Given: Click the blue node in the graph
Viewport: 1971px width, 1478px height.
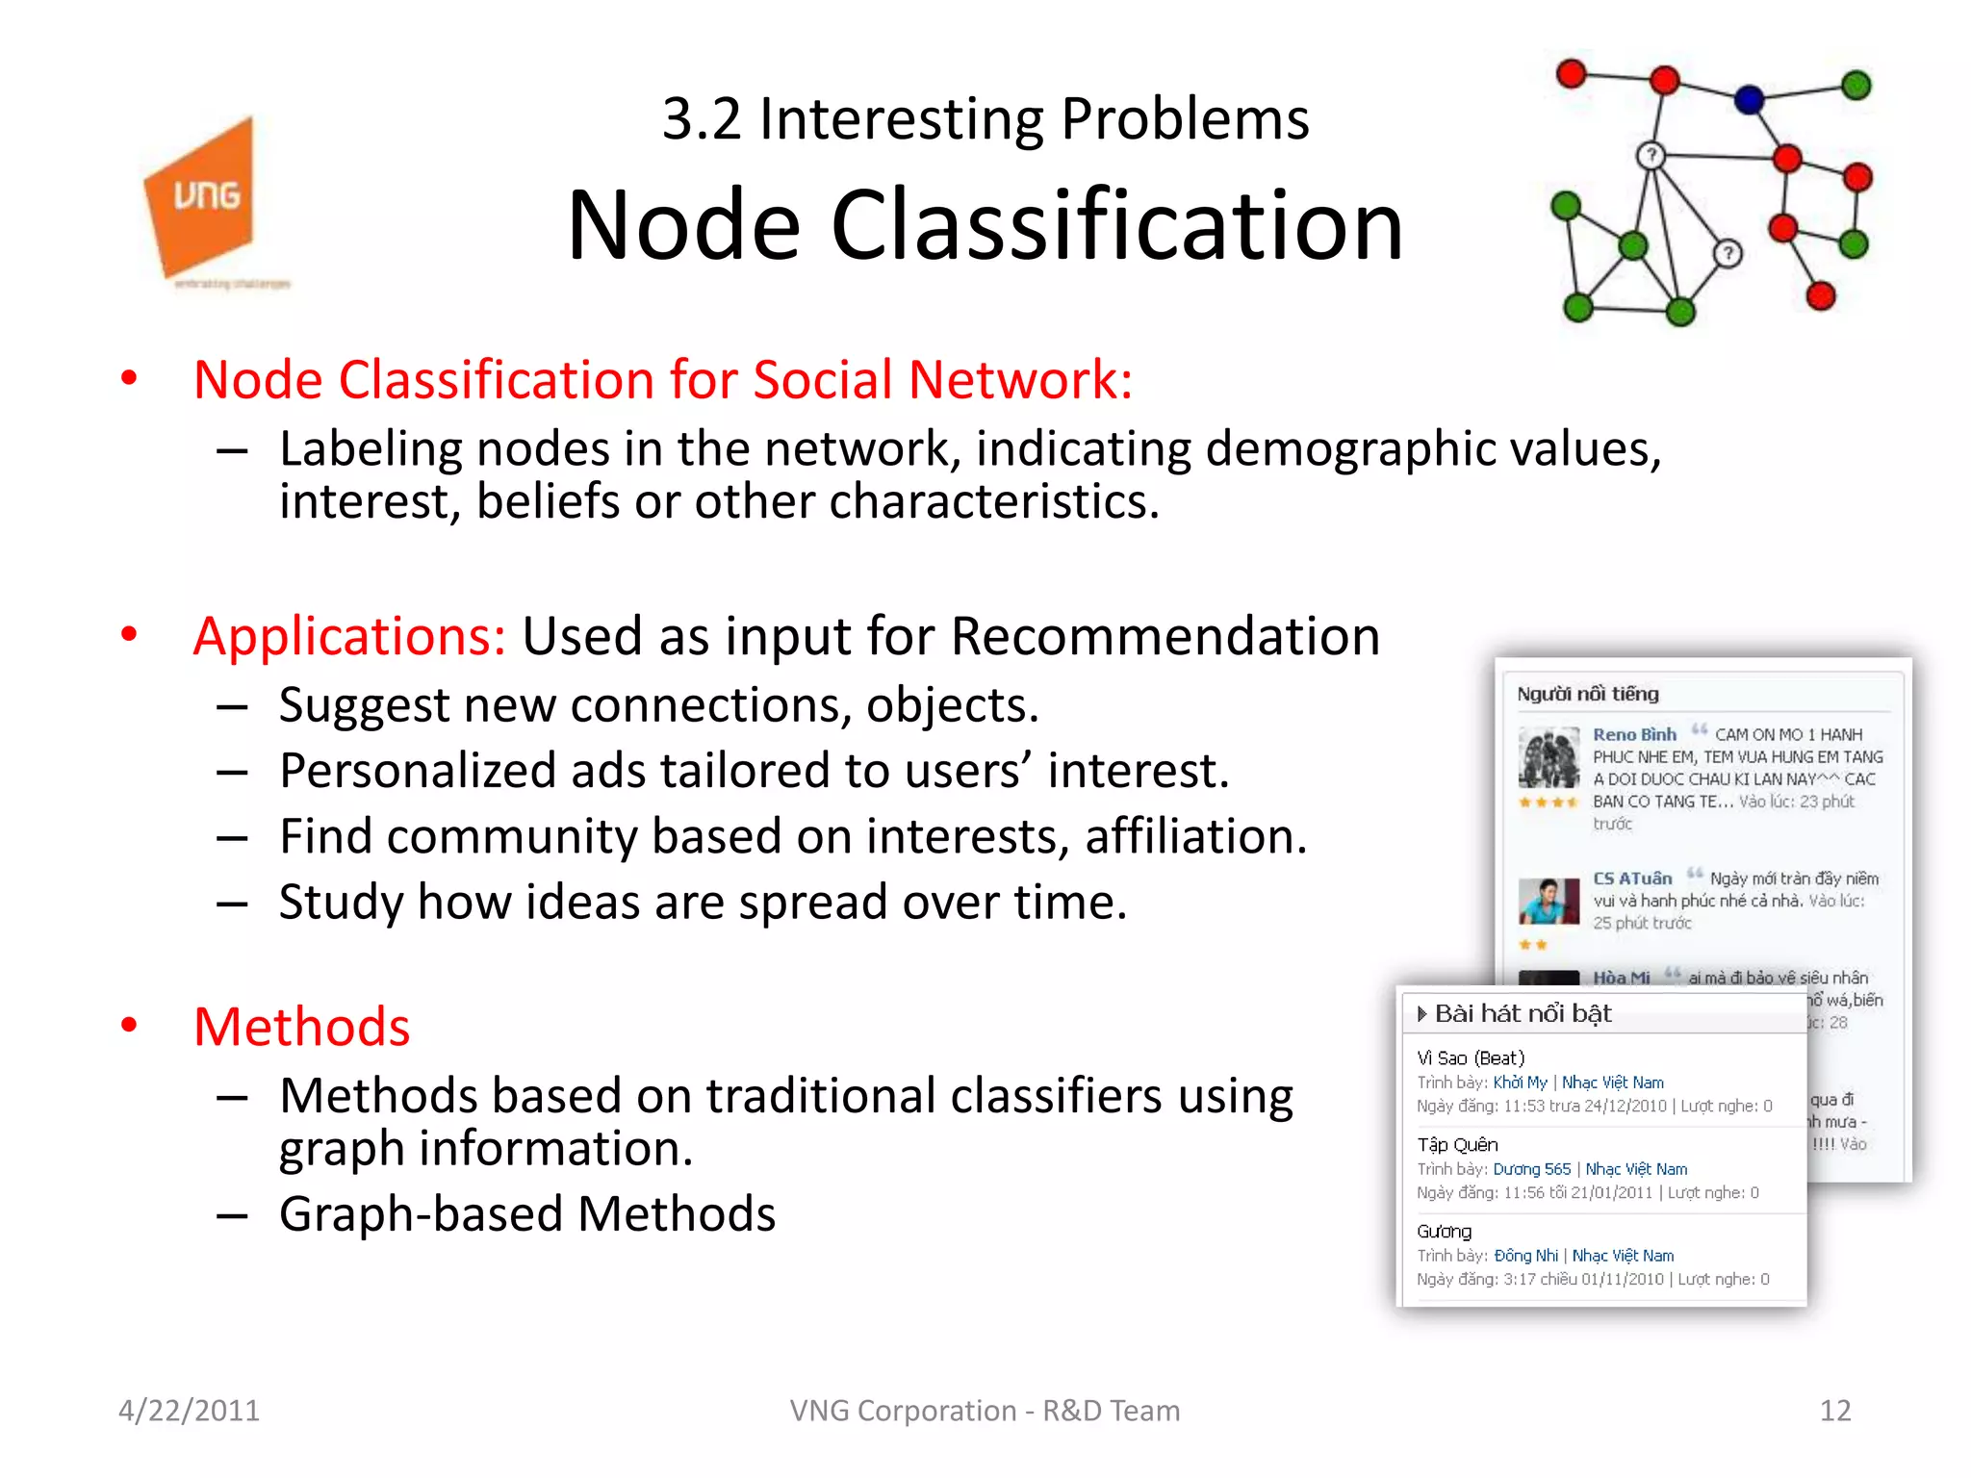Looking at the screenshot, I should click(x=1749, y=98).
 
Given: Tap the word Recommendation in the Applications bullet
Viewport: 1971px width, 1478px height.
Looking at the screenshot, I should click(x=1165, y=637).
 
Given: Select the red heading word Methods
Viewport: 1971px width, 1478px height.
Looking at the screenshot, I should click(x=302, y=1027).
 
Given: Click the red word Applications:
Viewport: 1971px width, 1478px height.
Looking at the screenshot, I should click(x=349, y=637).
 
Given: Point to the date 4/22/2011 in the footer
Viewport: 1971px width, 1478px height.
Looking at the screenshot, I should click(x=189, y=1411).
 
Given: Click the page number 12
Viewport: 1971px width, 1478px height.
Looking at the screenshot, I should click(x=1834, y=1411).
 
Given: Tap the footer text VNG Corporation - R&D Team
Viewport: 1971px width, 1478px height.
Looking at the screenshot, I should click(x=985, y=1411).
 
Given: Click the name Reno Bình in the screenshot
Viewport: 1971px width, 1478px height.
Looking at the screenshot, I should click(x=1634, y=734).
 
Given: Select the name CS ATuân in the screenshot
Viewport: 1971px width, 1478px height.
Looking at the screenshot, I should click(x=1632, y=879).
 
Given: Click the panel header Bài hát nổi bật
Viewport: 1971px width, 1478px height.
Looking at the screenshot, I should click(x=1523, y=1013).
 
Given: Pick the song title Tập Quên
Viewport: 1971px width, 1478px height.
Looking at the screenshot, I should click(x=1457, y=1144).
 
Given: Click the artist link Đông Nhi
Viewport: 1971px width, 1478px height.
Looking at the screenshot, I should click(x=1525, y=1256).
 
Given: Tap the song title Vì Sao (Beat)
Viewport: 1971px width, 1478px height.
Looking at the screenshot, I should click(x=1471, y=1058).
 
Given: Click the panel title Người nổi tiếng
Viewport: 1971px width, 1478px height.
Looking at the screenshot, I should click(x=1588, y=694).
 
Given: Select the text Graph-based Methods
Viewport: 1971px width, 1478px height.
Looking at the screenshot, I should click(x=527, y=1214).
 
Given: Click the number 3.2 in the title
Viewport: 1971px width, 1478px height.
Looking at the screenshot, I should click(x=702, y=119).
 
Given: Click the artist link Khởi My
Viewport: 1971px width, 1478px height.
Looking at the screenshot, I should click(x=1520, y=1083).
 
